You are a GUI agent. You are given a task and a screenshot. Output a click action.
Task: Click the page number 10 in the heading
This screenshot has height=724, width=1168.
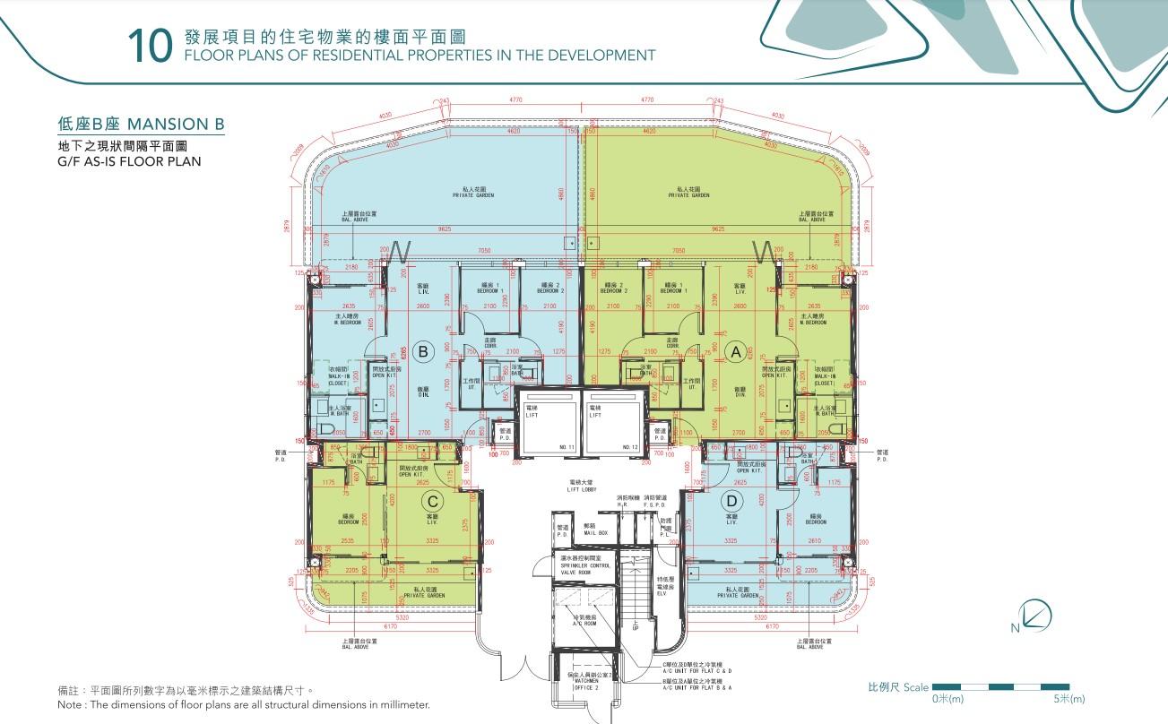click(149, 47)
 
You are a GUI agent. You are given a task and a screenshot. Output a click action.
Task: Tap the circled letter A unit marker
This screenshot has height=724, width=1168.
click(736, 352)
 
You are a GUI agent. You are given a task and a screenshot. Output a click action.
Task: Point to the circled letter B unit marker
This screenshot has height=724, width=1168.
click(425, 351)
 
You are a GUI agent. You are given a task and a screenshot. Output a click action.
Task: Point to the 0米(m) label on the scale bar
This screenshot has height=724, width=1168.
click(947, 699)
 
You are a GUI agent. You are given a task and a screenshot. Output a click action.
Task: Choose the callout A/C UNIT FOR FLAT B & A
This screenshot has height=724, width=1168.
click(696, 685)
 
